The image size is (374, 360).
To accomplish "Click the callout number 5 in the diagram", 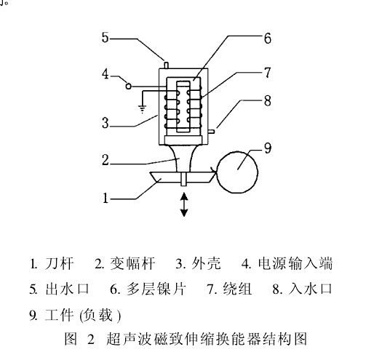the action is pos(105,38).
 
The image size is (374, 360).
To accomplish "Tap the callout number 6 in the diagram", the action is pos(268,39).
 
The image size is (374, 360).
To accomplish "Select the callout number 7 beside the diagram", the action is pos(267,72).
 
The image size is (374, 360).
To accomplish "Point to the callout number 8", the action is pos(268,100).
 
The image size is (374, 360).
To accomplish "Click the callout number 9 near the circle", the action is pos(268,148).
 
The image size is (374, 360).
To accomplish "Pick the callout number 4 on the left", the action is pos(105,73).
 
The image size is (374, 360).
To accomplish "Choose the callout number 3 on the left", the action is pos(105,123).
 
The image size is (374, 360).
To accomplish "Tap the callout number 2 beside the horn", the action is pos(106,160).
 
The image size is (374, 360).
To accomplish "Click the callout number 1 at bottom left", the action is pos(106,198).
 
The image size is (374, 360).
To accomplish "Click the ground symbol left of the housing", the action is pos(142,109).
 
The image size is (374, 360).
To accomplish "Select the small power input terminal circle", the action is pos(129,87).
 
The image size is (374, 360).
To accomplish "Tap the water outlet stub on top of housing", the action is pos(167,65).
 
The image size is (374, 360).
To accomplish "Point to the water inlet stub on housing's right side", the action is pos(211,132).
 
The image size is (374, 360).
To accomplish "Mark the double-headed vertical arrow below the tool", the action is pos(184,204).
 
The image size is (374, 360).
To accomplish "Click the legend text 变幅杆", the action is pos(132,263).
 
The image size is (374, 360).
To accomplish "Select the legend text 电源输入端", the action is pos(295,263).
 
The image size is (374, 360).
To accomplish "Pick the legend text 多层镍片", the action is pos(156,289).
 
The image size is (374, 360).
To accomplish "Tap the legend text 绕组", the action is pos(237,289).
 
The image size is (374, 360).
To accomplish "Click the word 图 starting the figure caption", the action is pos(71,338).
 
